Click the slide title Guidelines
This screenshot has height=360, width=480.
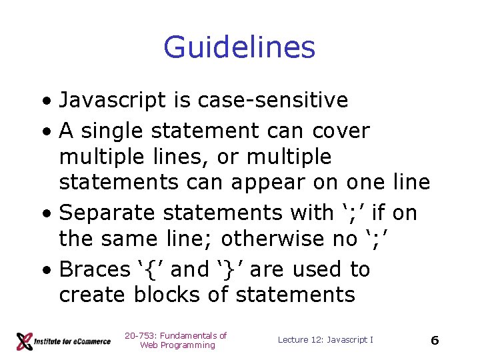[239, 48]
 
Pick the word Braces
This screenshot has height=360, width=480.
[95, 269]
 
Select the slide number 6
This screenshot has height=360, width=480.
[435, 340]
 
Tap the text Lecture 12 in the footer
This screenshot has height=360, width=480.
[300, 340]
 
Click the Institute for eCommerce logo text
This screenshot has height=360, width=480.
[73, 341]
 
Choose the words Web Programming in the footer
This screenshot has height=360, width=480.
[177, 345]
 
